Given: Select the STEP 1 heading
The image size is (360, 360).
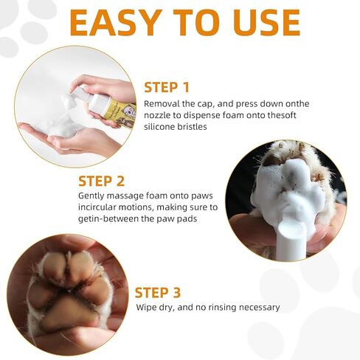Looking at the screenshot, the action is (167, 88).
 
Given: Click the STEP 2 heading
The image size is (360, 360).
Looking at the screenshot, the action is (101, 181).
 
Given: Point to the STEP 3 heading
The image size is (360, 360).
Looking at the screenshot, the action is (158, 293).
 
